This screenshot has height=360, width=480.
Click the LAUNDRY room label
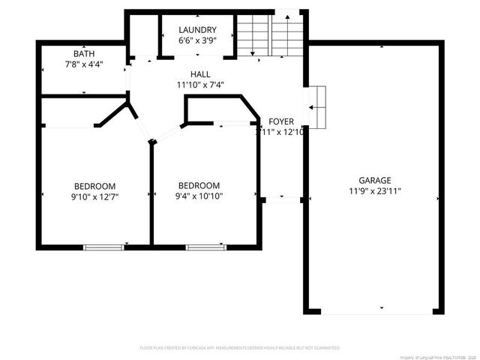click(x=198, y=30)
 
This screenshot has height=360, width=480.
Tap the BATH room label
click(x=84, y=54)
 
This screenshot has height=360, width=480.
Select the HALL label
click(x=200, y=74)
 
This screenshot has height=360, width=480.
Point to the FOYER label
click(x=281, y=121)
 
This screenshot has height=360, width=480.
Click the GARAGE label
click(x=374, y=180)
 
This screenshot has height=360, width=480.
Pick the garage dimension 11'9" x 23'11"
click(x=374, y=191)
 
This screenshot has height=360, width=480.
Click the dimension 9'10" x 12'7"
click(x=94, y=196)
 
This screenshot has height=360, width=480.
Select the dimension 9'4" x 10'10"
click(x=199, y=196)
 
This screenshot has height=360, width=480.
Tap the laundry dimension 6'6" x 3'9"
click(x=198, y=41)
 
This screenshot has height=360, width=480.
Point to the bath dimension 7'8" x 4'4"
click(x=84, y=64)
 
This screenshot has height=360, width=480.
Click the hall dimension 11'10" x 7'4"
click(x=200, y=85)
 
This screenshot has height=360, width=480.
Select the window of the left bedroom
click(x=103, y=247)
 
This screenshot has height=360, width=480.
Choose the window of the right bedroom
click(x=205, y=247)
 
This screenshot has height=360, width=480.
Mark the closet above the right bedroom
click(x=217, y=109)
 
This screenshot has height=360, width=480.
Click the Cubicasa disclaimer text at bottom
click(x=240, y=348)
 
